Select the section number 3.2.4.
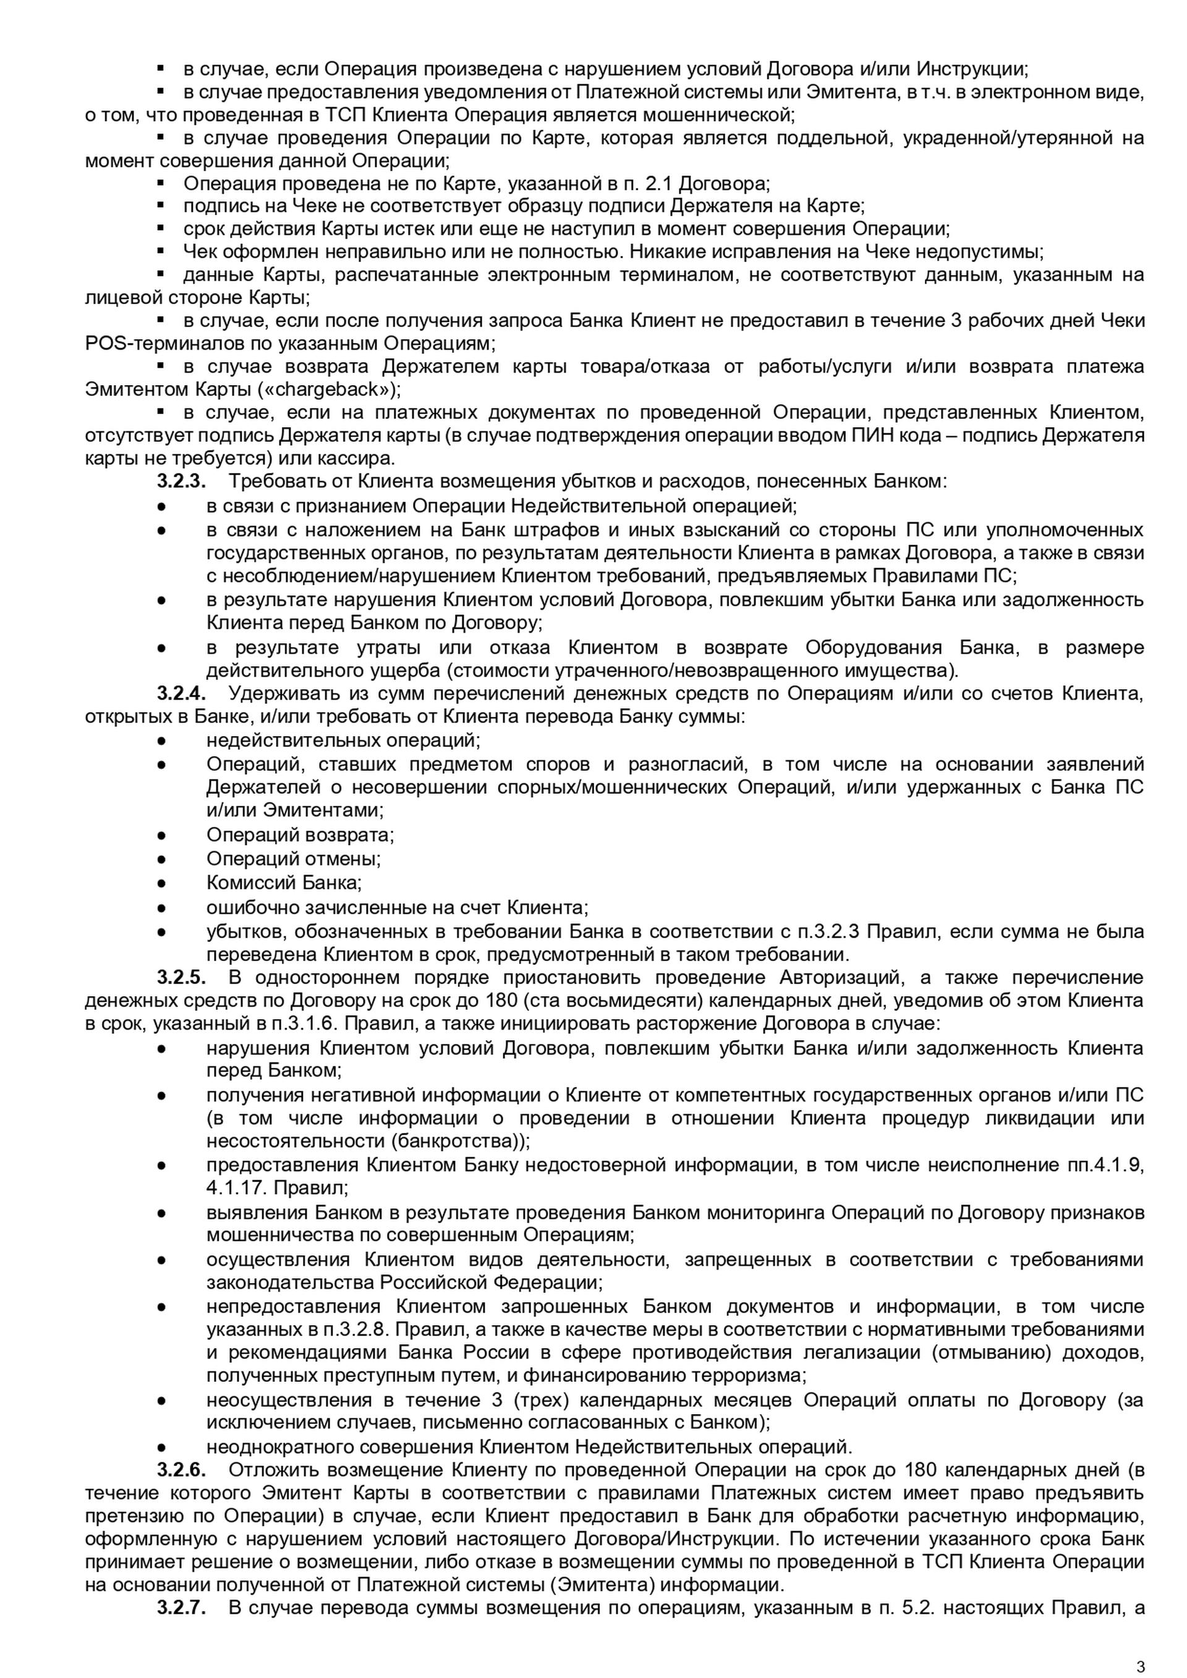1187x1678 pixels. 181,693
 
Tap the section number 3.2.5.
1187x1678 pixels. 181,977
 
